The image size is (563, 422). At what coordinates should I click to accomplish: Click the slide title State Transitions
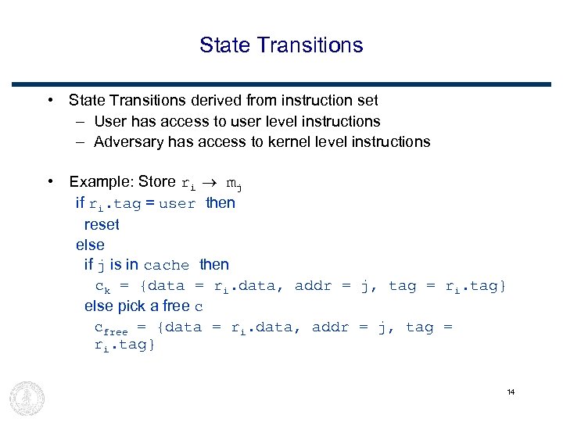coord(281,45)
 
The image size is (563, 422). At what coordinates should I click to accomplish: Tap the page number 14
coord(511,392)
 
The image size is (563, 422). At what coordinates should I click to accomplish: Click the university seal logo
coord(27,398)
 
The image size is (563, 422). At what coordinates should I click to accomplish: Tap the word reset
coord(102,224)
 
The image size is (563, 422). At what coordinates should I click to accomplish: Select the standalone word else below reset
coord(90,245)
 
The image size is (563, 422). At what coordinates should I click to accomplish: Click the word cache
coord(167,266)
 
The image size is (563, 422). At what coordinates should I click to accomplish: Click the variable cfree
coord(110,328)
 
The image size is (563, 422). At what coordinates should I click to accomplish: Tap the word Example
coord(101,182)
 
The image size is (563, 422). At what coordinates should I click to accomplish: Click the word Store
coord(157,182)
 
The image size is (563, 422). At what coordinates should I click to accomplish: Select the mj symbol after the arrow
coord(234,184)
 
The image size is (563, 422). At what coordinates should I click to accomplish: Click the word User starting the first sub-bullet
coord(110,121)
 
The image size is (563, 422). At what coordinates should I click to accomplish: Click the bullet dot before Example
coord(49,181)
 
